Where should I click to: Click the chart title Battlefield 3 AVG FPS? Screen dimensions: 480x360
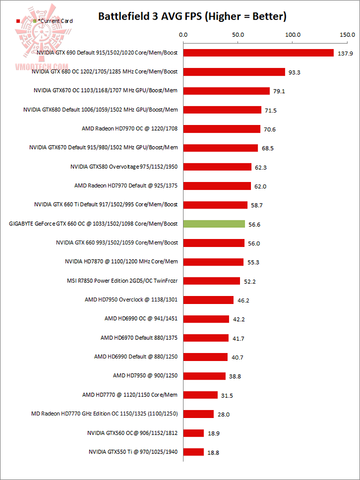pyautogui.click(x=192, y=16)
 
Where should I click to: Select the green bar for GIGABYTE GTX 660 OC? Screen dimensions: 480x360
pyautogui.click(x=214, y=224)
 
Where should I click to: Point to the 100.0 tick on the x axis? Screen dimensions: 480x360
pyautogui.click(x=292, y=35)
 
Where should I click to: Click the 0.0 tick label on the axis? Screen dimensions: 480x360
pyautogui.click(x=183, y=35)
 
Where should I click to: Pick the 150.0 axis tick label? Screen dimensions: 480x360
pyautogui.click(x=346, y=35)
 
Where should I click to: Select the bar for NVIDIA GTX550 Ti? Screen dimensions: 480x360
pyautogui.click(x=193, y=452)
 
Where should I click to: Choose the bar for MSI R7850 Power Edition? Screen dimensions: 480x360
pyautogui.click(x=211, y=281)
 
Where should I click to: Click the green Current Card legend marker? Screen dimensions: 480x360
pyautogui.click(x=34, y=21)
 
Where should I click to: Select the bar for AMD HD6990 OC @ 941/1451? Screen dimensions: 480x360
pyautogui.click(x=206, y=319)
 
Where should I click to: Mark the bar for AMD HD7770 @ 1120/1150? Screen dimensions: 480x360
pyautogui.click(x=200, y=395)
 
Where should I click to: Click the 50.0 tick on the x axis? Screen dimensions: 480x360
pyautogui.click(x=237, y=35)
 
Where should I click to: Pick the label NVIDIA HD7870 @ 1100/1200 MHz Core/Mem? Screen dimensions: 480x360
pyautogui.click(x=121, y=261)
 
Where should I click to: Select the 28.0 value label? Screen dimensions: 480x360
pyautogui.click(x=223, y=414)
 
